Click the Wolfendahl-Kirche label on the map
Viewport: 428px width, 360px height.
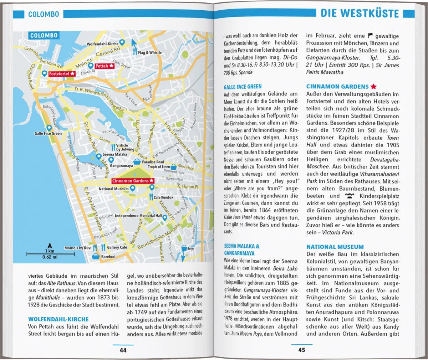click(103, 44)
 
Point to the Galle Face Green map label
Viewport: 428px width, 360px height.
click(48, 134)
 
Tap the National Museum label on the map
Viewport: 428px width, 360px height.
click(113, 189)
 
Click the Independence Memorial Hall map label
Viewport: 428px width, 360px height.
click(138, 216)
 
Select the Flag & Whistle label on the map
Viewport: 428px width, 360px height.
click(150, 52)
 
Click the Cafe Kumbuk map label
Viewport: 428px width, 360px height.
click(163, 197)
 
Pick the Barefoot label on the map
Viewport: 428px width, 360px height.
click(108, 256)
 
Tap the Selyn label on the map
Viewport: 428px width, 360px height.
click(191, 248)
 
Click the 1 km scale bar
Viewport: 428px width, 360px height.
click(50, 253)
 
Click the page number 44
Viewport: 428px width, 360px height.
click(123, 350)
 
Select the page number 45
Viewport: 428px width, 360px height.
click(302, 350)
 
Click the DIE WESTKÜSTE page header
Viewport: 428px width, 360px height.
click(360, 14)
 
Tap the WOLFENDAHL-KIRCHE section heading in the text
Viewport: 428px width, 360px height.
click(58, 319)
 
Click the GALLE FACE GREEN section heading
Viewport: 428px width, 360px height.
click(243, 87)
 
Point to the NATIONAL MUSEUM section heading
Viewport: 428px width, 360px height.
click(335, 247)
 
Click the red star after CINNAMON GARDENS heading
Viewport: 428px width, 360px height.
click(373, 87)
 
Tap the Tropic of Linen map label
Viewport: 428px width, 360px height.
click(159, 167)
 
